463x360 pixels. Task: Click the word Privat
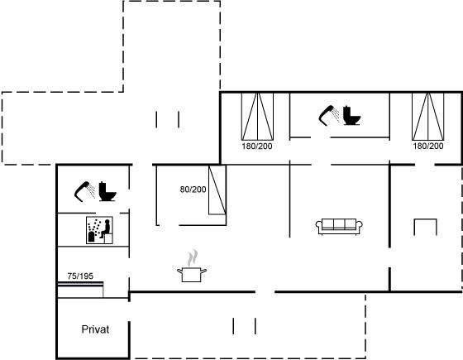[x=95, y=329]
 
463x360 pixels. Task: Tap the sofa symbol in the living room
[x=339, y=227]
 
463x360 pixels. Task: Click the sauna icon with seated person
[x=99, y=230]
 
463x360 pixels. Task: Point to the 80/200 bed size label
[x=193, y=190]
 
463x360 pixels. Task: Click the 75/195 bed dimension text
[x=80, y=276]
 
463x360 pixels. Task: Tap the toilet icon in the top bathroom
[x=352, y=115]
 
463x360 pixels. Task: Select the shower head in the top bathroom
[x=329, y=115]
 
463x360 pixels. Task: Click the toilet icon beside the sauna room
[x=107, y=191]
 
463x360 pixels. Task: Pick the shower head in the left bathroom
[x=84, y=191]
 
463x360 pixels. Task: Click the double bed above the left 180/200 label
[x=257, y=116]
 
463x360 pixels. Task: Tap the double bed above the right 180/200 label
[x=428, y=116]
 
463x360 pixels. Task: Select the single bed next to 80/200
[x=217, y=190]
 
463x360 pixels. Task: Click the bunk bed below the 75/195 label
[x=80, y=290]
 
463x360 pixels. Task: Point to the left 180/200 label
[x=257, y=146]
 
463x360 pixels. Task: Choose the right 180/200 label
[x=428, y=146]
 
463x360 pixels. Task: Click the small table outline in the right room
[x=425, y=219]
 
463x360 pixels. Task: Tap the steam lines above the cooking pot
[x=192, y=257]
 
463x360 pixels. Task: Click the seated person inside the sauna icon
[x=106, y=228]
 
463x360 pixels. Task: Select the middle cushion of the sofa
[x=339, y=224]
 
